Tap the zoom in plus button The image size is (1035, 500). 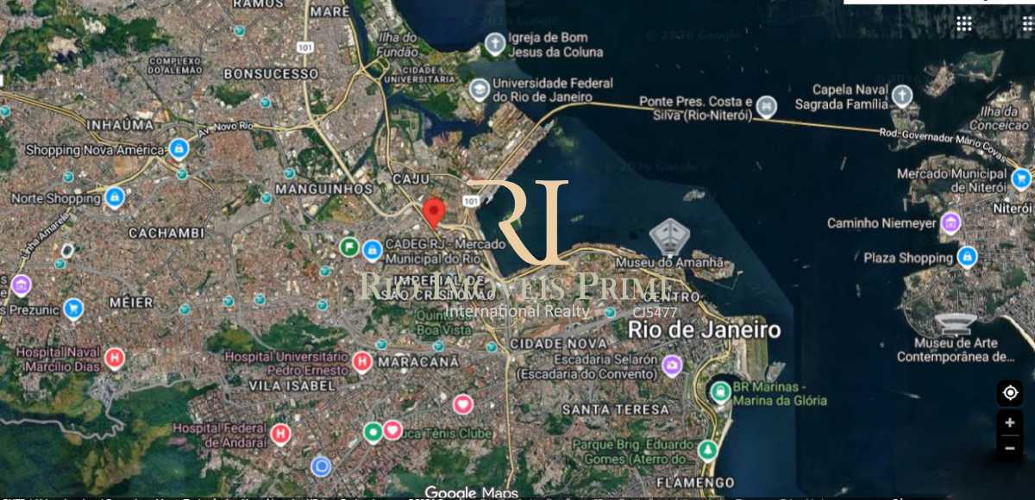tap(1009, 423)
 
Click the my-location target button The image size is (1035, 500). tap(1009, 393)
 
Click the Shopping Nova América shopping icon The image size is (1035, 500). tap(179, 149)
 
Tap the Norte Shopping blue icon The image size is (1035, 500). tap(113, 197)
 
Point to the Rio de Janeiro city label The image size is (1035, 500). tap(704, 329)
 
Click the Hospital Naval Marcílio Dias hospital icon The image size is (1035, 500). tap(114, 359)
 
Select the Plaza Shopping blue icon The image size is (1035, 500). tap(967, 257)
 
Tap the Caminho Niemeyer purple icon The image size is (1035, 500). tap(950, 222)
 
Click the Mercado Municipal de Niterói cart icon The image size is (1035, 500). tap(1021, 178)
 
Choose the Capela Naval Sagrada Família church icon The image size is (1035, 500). tap(902, 95)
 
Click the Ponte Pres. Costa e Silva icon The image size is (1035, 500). tap(766, 107)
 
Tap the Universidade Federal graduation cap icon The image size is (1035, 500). tap(479, 89)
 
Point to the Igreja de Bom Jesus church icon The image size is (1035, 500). tap(494, 43)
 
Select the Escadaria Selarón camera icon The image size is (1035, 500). tap(672, 366)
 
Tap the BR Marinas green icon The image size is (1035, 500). tap(718, 392)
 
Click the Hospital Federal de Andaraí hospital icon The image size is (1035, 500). tap(280, 434)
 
